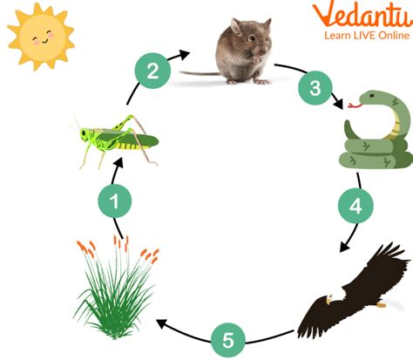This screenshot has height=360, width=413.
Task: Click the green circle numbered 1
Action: tap(115, 200)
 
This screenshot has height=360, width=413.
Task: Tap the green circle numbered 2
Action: tap(152, 71)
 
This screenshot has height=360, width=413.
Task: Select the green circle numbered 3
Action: tap(315, 88)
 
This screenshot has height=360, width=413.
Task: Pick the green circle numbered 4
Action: tap(355, 206)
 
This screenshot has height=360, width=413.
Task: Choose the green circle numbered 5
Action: tap(228, 340)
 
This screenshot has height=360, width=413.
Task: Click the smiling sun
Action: tap(41, 37)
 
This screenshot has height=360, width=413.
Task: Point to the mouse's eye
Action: tap(252, 38)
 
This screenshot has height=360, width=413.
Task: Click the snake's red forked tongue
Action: tap(355, 105)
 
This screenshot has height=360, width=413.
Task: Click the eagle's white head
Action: tap(335, 295)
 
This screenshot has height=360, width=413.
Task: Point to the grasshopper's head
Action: tap(85, 134)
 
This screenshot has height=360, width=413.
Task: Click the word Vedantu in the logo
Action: tap(362, 15)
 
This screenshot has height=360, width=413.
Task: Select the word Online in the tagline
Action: tap(393, 36)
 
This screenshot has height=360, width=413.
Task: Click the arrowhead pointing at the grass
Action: tap(161, 323)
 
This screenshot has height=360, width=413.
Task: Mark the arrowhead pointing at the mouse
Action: tap(184, 54)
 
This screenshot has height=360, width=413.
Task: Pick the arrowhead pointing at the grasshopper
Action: tap(118, 162)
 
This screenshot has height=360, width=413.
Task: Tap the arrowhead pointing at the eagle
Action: tap(345, 247)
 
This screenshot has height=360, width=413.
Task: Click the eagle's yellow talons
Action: tap(382, 305)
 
